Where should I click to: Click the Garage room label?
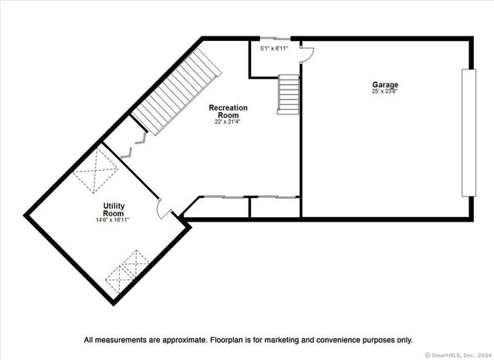click(385, 85)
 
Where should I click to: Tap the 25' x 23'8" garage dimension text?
click(385, 91)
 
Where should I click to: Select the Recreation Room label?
click(228, 111)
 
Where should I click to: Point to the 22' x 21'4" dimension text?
click(228, 121)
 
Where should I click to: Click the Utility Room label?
click(113, 209)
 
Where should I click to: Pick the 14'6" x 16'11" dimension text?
click(113, 219)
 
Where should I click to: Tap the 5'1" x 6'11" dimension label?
click(274, 49)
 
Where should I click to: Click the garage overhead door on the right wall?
click(469, 133)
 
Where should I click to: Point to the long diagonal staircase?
click(177, 92)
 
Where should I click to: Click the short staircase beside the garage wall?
click(288, 94)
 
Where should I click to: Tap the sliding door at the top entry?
click(276, 39)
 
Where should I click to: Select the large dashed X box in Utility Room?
click(96, 170)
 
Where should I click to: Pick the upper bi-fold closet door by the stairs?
click(141, 138)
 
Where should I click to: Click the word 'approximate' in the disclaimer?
click(184, 340)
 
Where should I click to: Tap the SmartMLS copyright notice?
click(458, 355)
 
